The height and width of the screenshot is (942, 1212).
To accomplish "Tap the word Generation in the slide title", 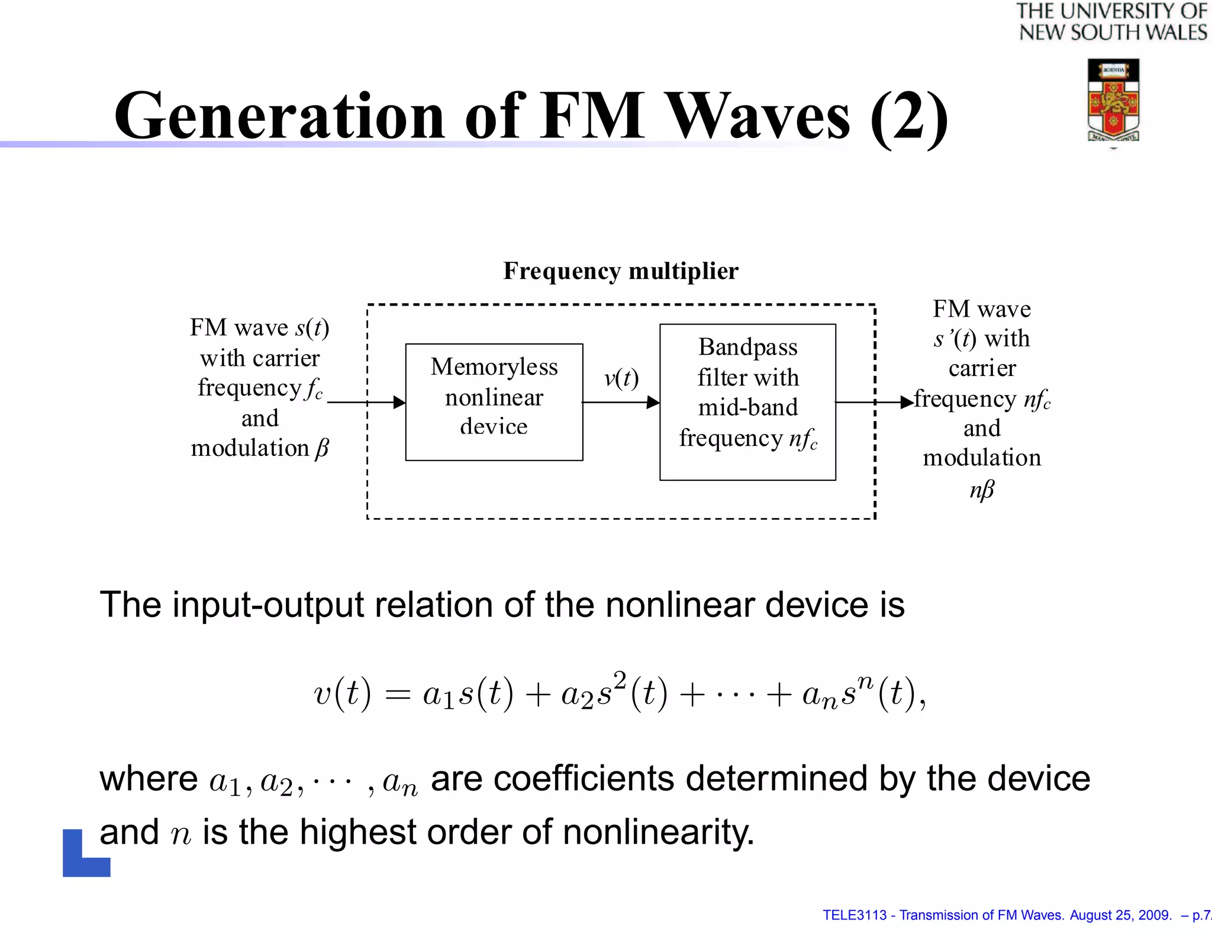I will [x=279, y=116].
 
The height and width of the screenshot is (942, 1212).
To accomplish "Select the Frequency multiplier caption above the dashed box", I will [x=621, y=271].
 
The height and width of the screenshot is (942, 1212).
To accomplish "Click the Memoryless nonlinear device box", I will [x=494, y=401].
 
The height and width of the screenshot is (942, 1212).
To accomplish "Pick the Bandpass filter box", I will [x=747, y=401].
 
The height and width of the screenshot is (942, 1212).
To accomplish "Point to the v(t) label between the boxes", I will [x=621, y=378].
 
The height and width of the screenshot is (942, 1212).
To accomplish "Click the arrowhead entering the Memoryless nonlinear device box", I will [x=399, y=403].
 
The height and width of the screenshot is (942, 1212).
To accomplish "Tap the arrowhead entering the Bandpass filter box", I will [x=653, y=403].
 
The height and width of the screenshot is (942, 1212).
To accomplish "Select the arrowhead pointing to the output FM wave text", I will [x=907, y=403].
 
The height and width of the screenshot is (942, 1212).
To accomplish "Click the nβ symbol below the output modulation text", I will [x=982, y=490].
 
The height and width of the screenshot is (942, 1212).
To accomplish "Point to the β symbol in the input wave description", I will [x=321, y=448].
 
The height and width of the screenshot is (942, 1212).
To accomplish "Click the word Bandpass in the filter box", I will [x=748, y=347].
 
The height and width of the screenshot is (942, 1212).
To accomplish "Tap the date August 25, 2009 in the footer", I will [x=1120, y=915].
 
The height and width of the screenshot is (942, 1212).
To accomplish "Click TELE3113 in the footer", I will [x=854, y=915].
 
